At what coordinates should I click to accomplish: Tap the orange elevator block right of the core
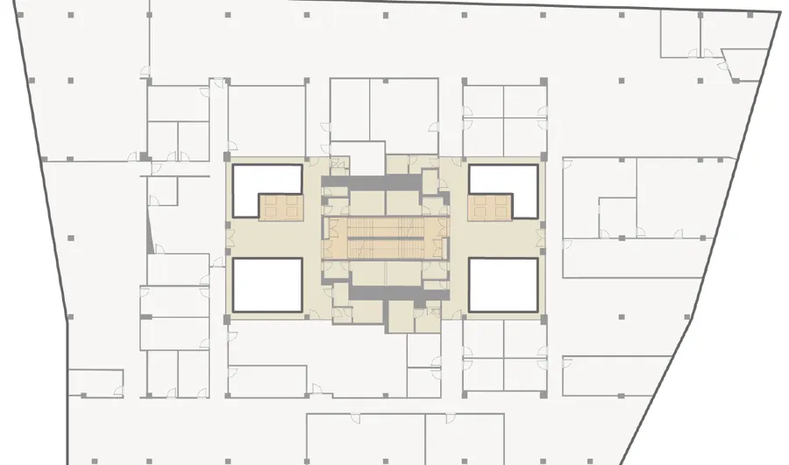pyautogui.click(x=489, y=207)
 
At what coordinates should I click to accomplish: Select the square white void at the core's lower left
pyautogui.click(x=267, y=285)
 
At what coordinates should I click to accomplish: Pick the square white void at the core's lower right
pyautogui.click(x=502, y=285)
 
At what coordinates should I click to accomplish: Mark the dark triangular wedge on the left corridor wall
pyautogui.click(x=151, y=232)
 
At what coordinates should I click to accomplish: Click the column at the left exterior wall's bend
pyautogui.click(x=68, y=318)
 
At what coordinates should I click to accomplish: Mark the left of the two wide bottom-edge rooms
pyautogui.click(x=365, y=439)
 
